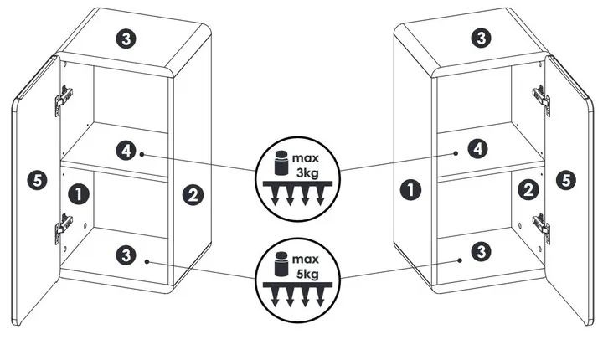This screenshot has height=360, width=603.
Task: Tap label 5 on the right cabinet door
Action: point(567,178)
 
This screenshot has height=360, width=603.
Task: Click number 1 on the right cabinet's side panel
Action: point(410,189)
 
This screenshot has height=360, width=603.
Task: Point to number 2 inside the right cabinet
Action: point(527,189)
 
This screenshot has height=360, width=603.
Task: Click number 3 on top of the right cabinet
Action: point(480,38)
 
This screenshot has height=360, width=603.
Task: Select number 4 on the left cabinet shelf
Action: point(125,151)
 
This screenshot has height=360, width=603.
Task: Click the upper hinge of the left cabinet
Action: point(61,100)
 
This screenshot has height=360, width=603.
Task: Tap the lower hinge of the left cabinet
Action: point(61,227)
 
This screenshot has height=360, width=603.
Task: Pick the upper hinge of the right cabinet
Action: point(541,100)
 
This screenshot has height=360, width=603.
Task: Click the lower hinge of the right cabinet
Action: point(542,225)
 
